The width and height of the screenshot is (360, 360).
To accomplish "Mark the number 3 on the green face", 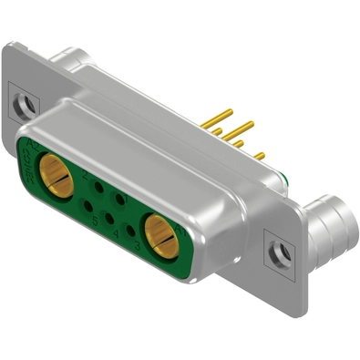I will click(x=136, y=245).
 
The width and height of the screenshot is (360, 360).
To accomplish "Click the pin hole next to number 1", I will click(x=119, y=196).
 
